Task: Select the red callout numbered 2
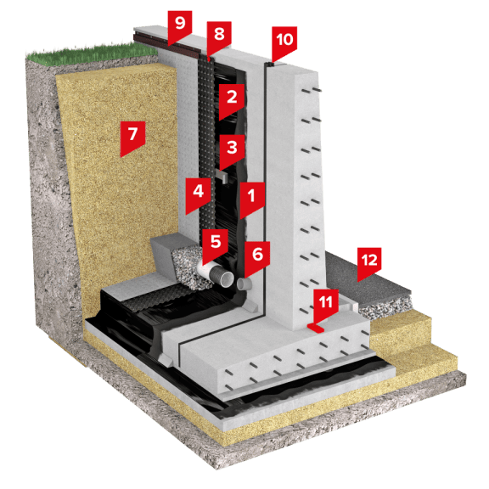click(232, 99)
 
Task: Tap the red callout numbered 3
click(232, 149)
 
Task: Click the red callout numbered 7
click(132, 137)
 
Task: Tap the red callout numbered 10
click(284, 42)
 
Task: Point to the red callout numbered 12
click(369, 262)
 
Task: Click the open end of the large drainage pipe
click(227, 279)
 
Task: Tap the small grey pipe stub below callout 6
click(242, 283)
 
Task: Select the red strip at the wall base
click(316, 328)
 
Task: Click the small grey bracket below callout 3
click(222, 175)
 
